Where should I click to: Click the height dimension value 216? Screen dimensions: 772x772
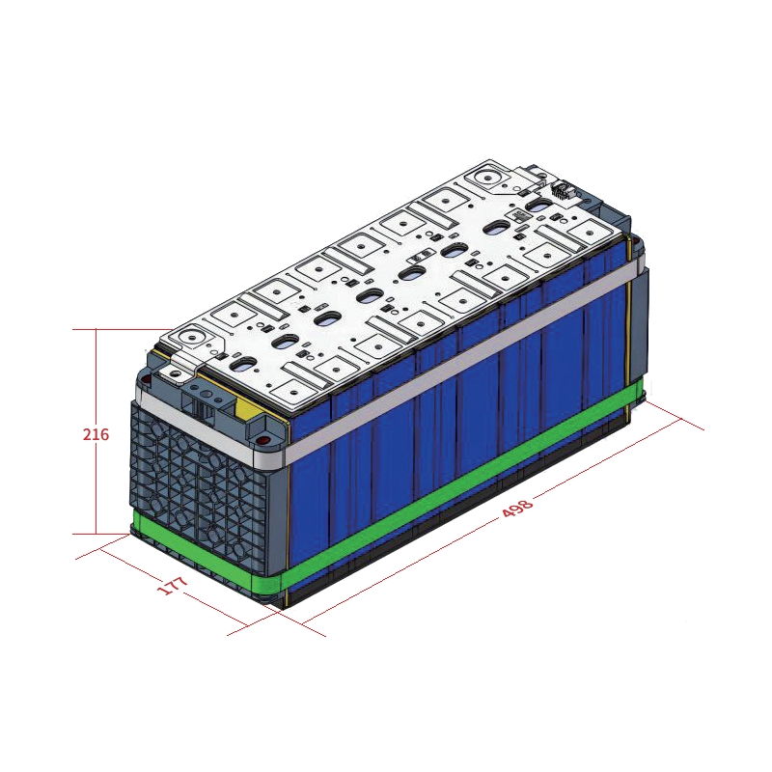(96, 434)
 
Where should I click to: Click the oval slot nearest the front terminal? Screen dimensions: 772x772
(242, 365)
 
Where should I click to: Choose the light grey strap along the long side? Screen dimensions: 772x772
(463, 362)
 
